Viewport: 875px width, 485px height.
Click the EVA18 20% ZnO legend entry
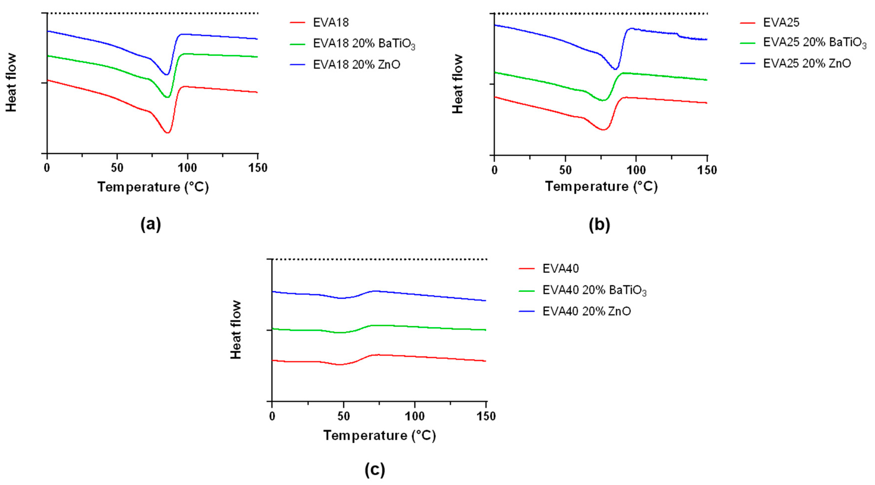356,64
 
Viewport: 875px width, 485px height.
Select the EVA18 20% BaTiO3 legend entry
363,44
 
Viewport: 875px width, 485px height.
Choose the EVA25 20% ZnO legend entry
807,63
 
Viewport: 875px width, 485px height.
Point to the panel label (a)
151,225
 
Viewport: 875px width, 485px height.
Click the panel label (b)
599,225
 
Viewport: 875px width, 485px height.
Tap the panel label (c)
375,470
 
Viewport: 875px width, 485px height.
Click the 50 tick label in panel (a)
117,168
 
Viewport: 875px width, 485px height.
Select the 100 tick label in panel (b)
635,170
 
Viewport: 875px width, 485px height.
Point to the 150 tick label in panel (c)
486,416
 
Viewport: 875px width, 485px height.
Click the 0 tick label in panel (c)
272,416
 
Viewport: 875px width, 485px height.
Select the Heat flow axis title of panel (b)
458,84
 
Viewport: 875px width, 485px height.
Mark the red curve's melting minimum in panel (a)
167,133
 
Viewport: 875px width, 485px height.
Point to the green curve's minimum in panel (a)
167,97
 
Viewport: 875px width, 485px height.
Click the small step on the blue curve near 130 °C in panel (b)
678,35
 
